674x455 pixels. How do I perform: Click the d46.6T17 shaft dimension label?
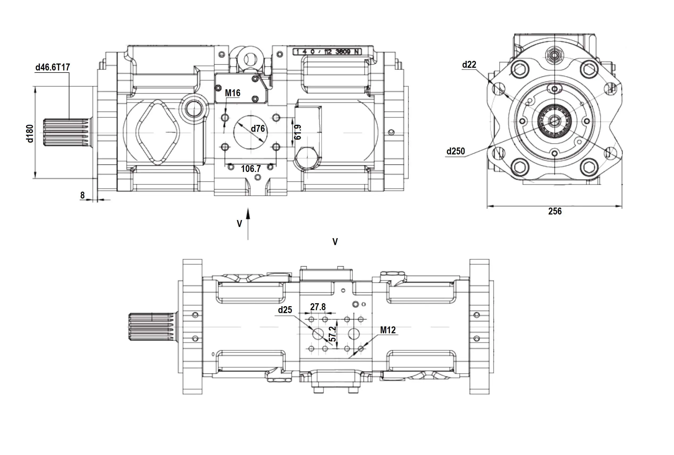[x=53, y=67]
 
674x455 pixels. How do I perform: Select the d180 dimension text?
[x=30, y=133]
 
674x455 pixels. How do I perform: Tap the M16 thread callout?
[x=232, y=93]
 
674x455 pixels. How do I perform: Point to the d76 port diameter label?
[x=258, y=128]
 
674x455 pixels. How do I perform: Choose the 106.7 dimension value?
[x=251, y=168]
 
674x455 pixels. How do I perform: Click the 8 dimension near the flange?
[x=82, y=195]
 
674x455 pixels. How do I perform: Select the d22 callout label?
[x=469, y=65]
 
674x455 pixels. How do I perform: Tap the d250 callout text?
[x=455, y=151]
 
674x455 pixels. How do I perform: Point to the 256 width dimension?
[x=554, y=211]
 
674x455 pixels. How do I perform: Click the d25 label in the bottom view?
[x=285, y=310]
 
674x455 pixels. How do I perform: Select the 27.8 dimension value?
[x=318, y=307]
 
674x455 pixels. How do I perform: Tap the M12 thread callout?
[x=388, y=330]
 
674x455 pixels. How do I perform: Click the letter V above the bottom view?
[x=335, y=242]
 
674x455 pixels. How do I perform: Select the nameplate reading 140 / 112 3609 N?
[x=327, y=52]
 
